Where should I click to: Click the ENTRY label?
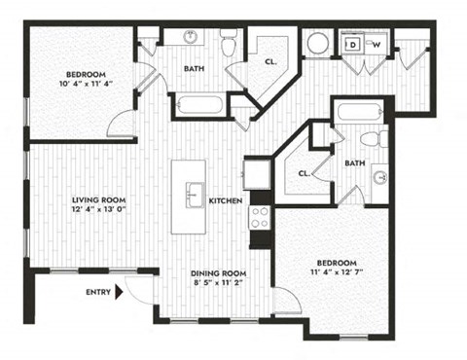coord(98,291)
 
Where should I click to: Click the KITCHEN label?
coord(226,200)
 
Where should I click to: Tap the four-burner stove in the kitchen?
coord(260,216)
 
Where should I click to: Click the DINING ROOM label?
coord(215,272)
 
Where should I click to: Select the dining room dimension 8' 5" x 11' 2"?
coord(215,283)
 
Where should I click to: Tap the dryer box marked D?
coord(353,44)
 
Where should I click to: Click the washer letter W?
coord(373,44)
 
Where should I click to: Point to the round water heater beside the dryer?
coord(318,45)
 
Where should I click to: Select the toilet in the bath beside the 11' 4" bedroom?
coord(382,139)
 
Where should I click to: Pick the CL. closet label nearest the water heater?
coord(269,61)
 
